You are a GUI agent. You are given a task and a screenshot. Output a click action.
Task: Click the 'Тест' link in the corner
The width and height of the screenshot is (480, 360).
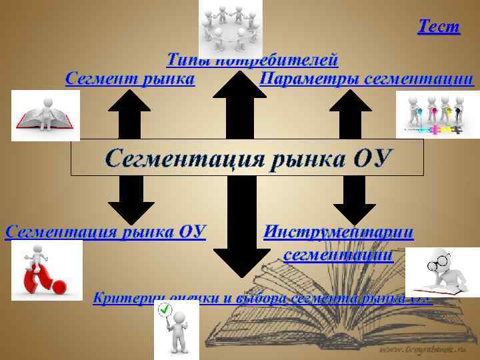(x=439, y=27)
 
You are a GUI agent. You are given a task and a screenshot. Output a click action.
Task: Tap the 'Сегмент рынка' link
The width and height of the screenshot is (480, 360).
(x=130, y=79)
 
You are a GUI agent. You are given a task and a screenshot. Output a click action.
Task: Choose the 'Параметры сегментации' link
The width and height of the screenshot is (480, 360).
(x=367, y=79)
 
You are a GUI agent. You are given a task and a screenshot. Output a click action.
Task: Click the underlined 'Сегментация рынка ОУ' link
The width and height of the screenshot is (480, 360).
(x=105, y=231)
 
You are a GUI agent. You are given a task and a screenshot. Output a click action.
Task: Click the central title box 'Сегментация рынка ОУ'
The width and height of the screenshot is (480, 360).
(x=247, y=159)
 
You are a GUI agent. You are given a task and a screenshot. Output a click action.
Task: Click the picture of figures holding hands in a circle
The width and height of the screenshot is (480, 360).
(x=231, y=29)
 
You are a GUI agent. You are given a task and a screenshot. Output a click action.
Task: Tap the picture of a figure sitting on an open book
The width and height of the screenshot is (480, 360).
(x=45, y=115)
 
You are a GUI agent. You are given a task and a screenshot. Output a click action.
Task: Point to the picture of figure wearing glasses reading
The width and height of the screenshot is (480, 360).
(x=442, y=271)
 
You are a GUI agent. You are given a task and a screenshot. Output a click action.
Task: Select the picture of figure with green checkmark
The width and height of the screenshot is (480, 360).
(x=177, y=329)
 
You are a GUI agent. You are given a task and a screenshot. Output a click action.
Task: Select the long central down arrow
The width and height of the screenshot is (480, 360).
(x=238, y=227)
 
